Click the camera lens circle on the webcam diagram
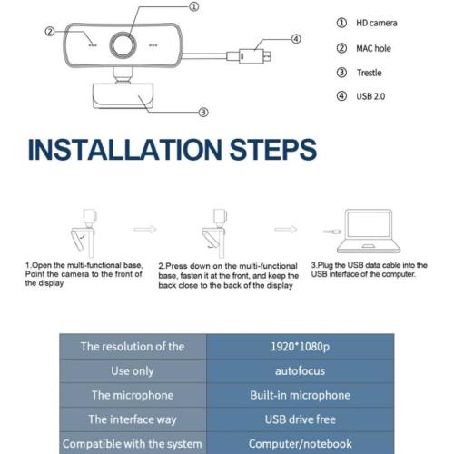123,45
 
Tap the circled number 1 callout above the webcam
194,6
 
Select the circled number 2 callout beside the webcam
50,32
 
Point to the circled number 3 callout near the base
203,113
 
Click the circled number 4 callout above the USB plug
296,39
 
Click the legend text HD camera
377,23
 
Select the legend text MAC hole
373,48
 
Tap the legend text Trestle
369,73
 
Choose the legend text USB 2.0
370,96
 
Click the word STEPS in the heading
273,150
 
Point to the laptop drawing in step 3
369,231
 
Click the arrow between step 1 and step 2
145,230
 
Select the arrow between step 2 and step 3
286,230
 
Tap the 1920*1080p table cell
300,347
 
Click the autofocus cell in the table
300,371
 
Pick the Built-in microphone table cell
300,395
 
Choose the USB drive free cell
300,419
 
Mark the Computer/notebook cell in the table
300,444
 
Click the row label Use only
133,371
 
